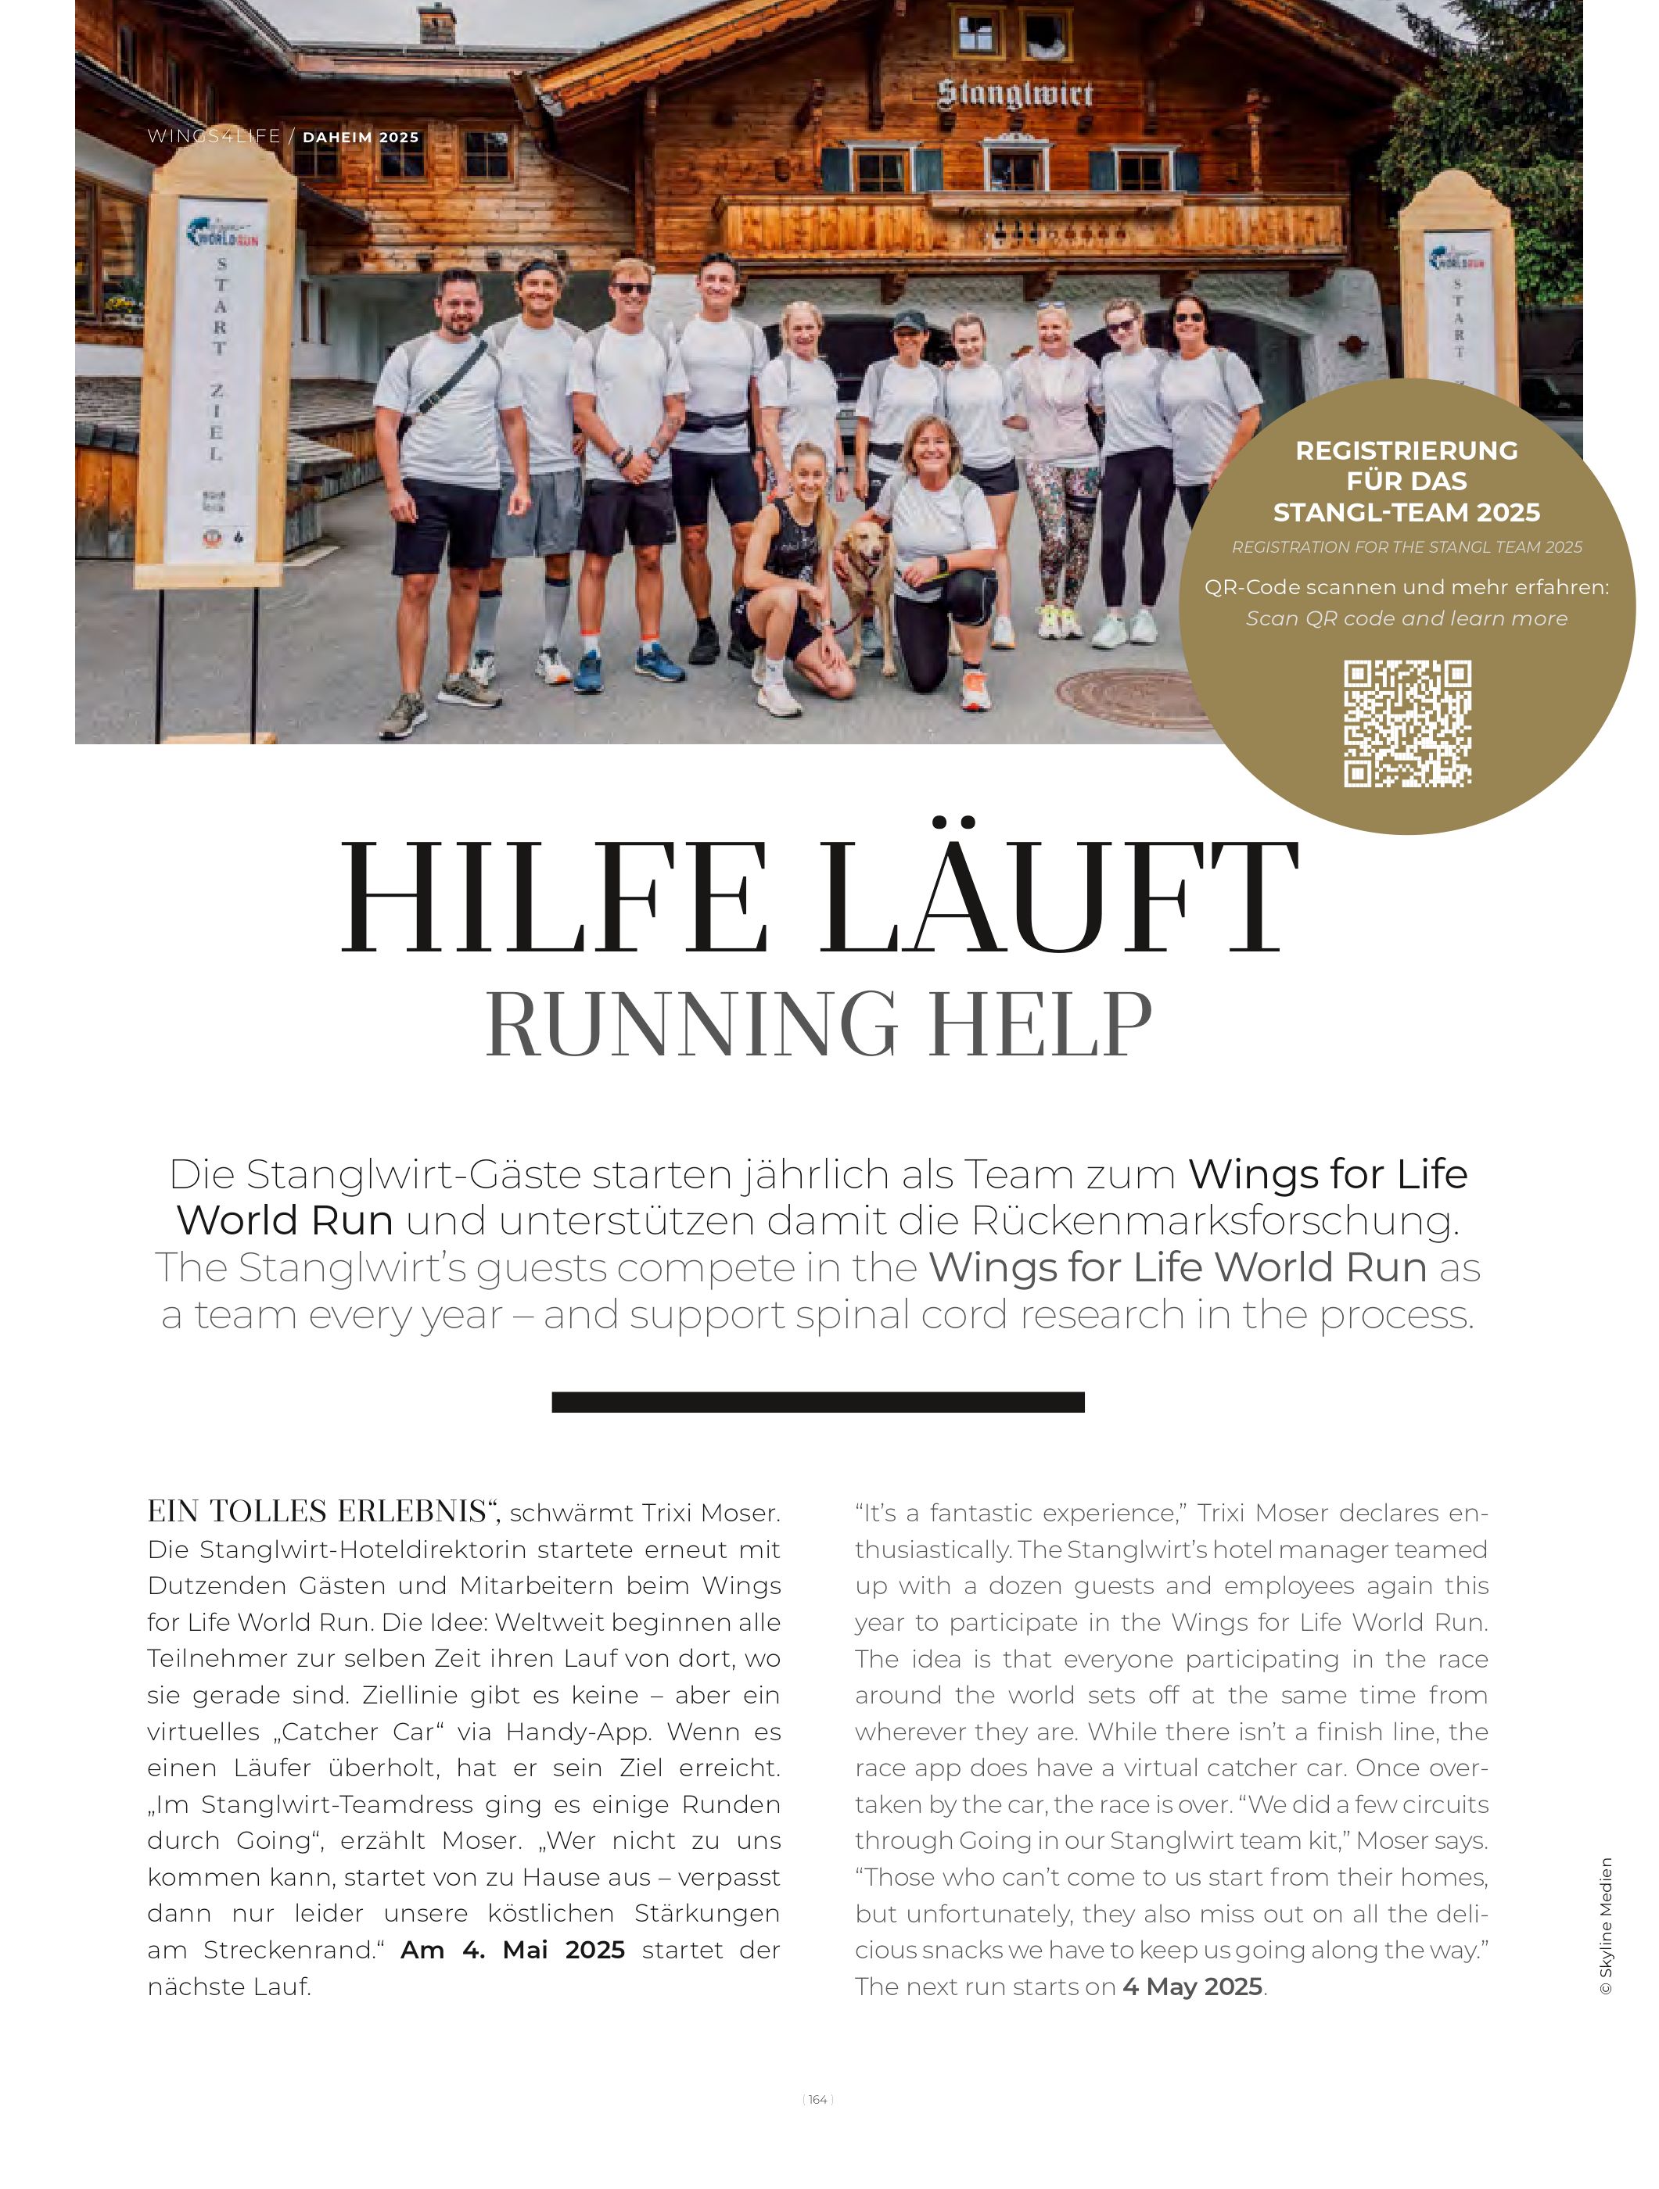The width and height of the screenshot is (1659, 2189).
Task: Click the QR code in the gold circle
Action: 1406,723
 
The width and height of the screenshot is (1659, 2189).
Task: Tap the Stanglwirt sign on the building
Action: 1014,94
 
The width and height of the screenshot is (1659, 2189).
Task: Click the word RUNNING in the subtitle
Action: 692,1023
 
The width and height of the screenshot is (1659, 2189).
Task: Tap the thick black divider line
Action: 817,1401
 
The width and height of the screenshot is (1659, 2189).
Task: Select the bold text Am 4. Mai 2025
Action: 513,1950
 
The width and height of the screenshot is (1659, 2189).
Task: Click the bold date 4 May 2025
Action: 1192,1987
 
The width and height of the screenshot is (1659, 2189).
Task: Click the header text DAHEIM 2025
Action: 361,138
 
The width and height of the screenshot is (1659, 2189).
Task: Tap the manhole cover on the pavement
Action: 1129,697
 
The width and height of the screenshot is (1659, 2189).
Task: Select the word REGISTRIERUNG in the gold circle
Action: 1406,451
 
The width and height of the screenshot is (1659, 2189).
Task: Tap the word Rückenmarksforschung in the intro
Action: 1214,1220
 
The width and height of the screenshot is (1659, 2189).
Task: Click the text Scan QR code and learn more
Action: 1406,618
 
